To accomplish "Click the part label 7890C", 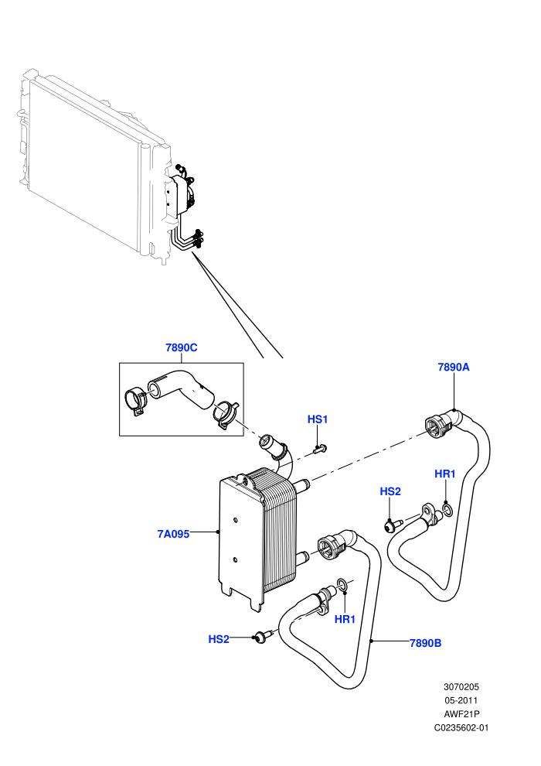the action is point(181,348).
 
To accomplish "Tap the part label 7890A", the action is point(453,367).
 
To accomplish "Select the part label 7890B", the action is point(425,643).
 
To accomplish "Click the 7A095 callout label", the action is point(173,534).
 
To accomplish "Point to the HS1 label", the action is point(318,419).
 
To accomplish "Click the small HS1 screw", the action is point(320,449).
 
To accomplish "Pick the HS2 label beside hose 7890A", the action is point(390,491).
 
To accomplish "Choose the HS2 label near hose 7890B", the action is point(219,639).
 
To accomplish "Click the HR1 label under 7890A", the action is point(445,474).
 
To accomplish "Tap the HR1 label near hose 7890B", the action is point(345,620).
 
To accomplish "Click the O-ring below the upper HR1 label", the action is point(447,511).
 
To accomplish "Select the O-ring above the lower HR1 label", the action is point(342,583).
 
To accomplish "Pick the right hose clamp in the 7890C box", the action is point(226,414).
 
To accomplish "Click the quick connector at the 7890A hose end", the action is point(438,424).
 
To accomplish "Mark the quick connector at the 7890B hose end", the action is point(332,548).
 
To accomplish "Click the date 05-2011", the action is point(461,700).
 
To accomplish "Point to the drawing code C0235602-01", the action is point(461,728).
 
